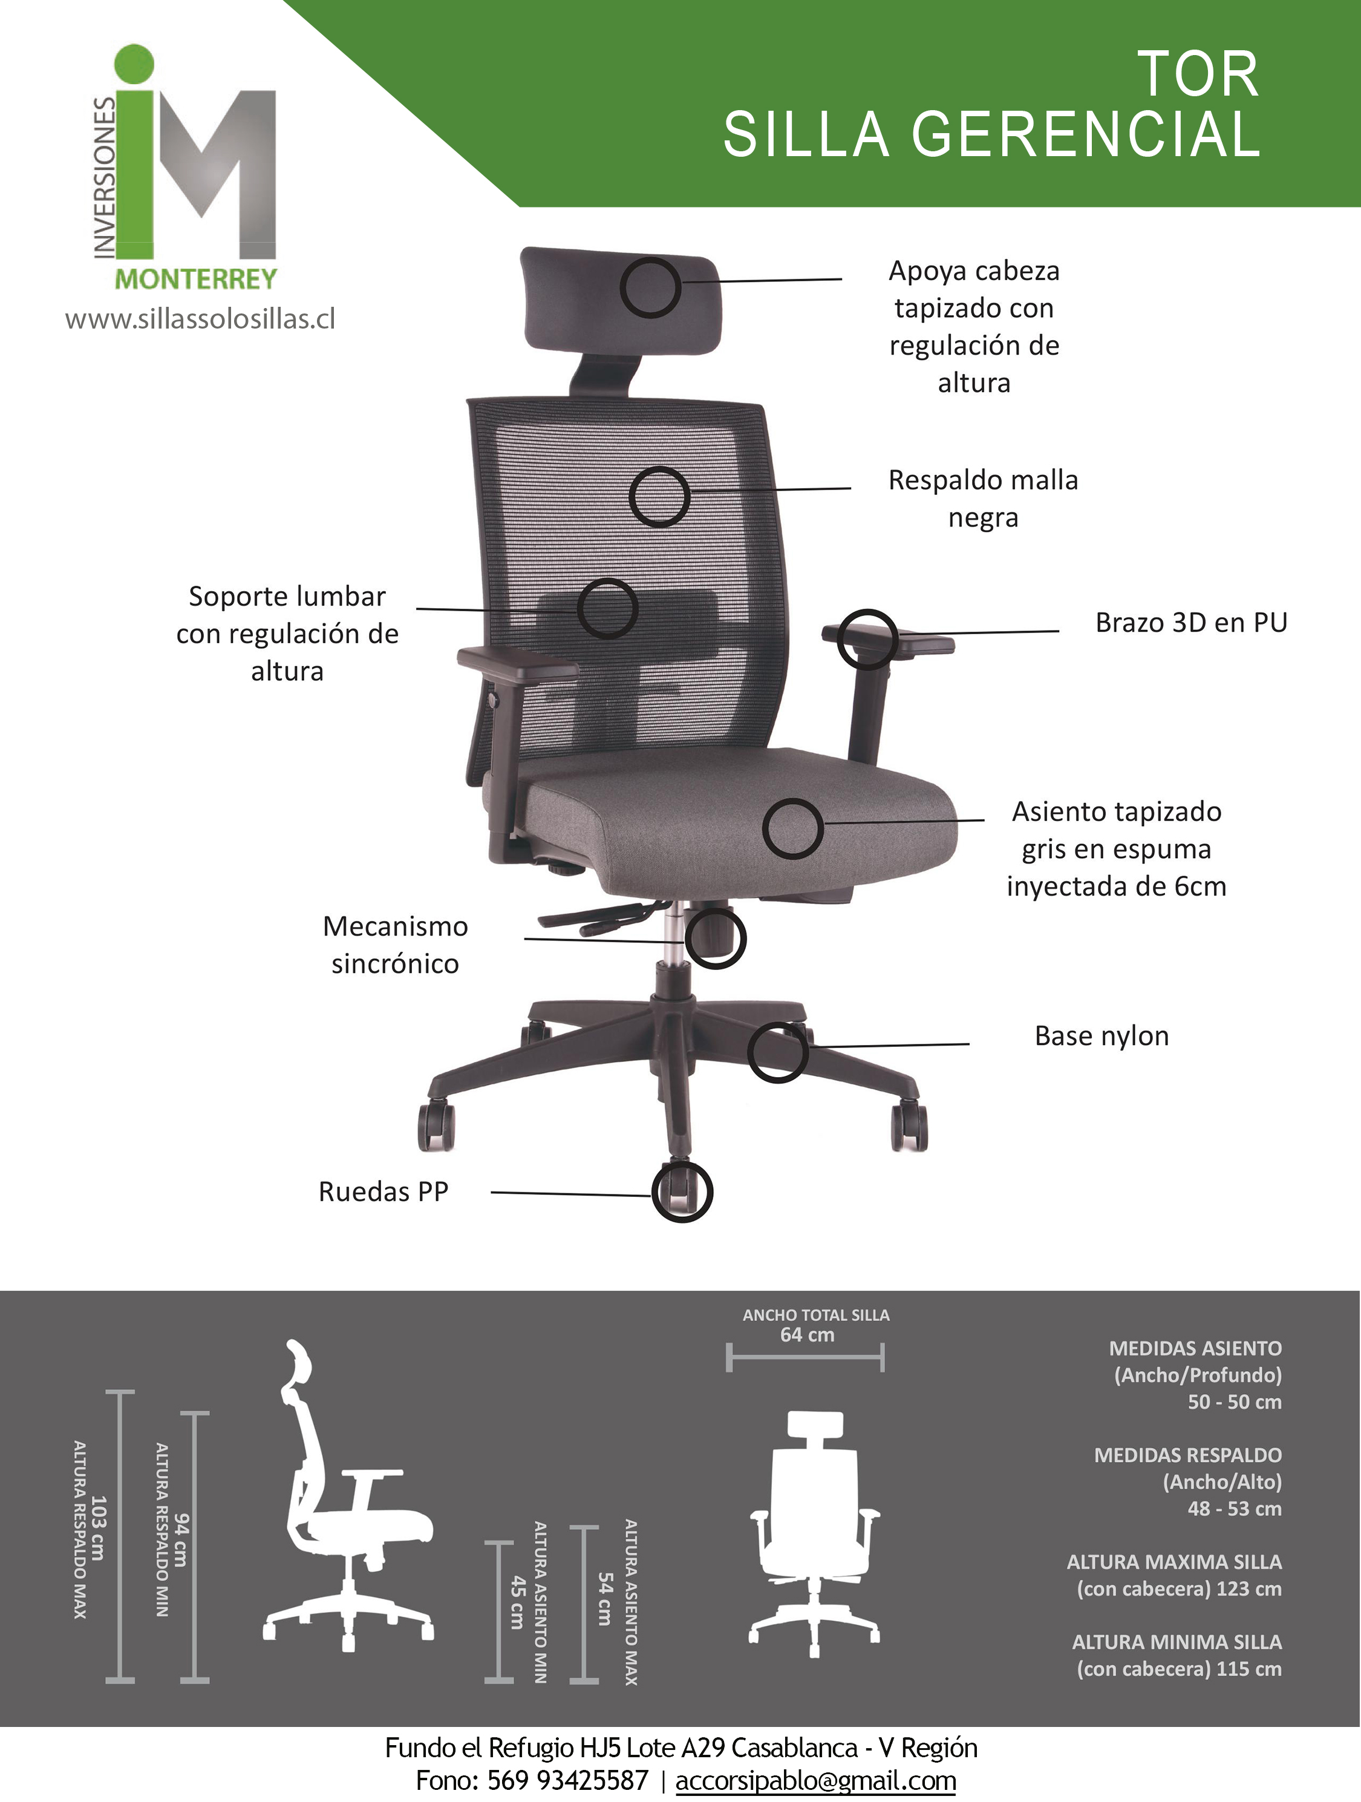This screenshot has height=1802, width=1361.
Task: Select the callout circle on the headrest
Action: [650, 287]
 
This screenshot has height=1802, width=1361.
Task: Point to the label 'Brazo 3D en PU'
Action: [1191, 623]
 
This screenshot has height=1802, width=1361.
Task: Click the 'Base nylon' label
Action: [1101, 1036]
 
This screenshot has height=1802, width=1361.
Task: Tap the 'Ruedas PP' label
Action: [383, 1192]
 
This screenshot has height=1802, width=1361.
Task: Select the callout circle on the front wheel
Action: [682, 1192]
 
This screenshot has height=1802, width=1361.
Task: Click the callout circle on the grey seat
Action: [792, 828]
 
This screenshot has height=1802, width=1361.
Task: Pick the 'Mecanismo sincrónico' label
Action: [395, 945]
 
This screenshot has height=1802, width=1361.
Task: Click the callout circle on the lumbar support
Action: [607, 609]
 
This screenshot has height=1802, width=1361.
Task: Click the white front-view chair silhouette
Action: [814, 1536]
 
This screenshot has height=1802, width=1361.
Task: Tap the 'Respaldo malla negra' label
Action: [983, 499]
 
